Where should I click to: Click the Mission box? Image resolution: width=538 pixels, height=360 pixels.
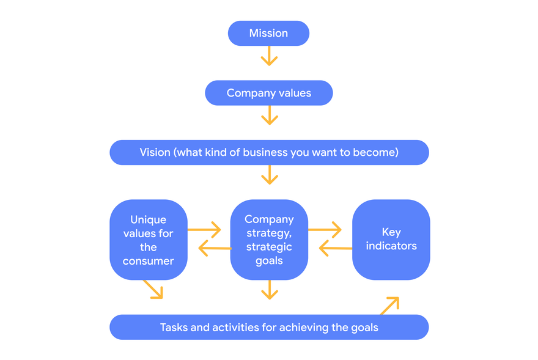[268, 33]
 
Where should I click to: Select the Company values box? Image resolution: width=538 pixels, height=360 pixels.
[269, 93]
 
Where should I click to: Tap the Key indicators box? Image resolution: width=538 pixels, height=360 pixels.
[391, 240]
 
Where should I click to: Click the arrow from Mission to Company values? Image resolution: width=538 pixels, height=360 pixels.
[270, 56]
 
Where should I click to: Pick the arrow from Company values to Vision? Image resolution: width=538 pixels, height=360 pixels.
[270, 115]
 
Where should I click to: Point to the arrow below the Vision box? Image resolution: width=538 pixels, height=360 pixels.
[270, 175]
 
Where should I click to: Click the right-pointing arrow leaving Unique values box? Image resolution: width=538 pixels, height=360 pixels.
[204, 230]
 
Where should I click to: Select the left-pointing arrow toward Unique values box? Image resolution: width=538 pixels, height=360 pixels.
[215, 248]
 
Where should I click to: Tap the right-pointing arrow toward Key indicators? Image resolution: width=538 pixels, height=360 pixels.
[325, 230]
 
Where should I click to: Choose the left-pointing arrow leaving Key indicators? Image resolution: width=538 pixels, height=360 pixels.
[336, 248]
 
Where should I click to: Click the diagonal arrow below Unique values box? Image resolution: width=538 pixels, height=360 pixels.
[153, 289]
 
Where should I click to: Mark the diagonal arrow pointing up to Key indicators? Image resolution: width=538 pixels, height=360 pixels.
[389, 306]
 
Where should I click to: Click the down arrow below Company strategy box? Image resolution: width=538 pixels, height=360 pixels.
[270, 290]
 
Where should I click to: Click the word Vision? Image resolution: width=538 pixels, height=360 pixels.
[155, 152]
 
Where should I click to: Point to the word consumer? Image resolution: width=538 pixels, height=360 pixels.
[148, 261]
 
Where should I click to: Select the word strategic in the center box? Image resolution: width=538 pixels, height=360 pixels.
[269, 247]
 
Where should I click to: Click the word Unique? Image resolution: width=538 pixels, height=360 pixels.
[148, 220]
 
